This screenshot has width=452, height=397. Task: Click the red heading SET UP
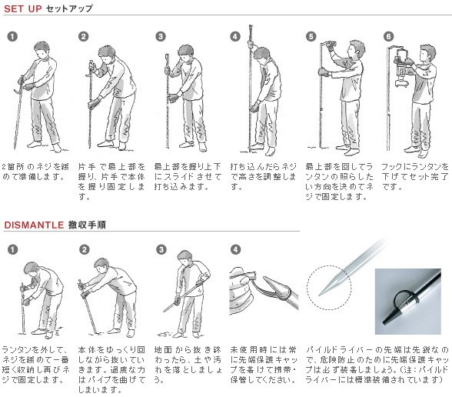click(x=23, y=8)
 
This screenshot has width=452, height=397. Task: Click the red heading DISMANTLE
click(x=34, y=225)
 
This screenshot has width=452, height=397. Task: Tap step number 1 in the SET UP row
click(x=12, y=37)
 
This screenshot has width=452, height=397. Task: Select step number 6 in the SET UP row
click(x=389, y=37)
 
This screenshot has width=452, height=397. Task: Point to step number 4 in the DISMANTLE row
click(x=235, y=249)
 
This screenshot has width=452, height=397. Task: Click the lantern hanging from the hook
click(x=402, y=67)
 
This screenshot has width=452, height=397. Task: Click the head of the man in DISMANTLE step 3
click(x=184, y=259)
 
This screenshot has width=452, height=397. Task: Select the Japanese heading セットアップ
click(x=69, y=8)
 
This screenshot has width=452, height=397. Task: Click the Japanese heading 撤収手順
click(x=87, y=225)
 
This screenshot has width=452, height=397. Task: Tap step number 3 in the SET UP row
click(x=161, y=37)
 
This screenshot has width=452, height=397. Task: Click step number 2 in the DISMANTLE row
click(x=85, y=249)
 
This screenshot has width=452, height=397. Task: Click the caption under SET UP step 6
click(x=415, y=177)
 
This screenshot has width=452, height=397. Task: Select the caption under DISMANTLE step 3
click(x=188, y=365)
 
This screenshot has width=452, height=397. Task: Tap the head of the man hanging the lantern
click(x=427, y=54)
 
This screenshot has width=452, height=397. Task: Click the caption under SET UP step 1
click(x=35, y=172)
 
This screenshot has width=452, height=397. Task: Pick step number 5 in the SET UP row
click(x=311, y=37)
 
